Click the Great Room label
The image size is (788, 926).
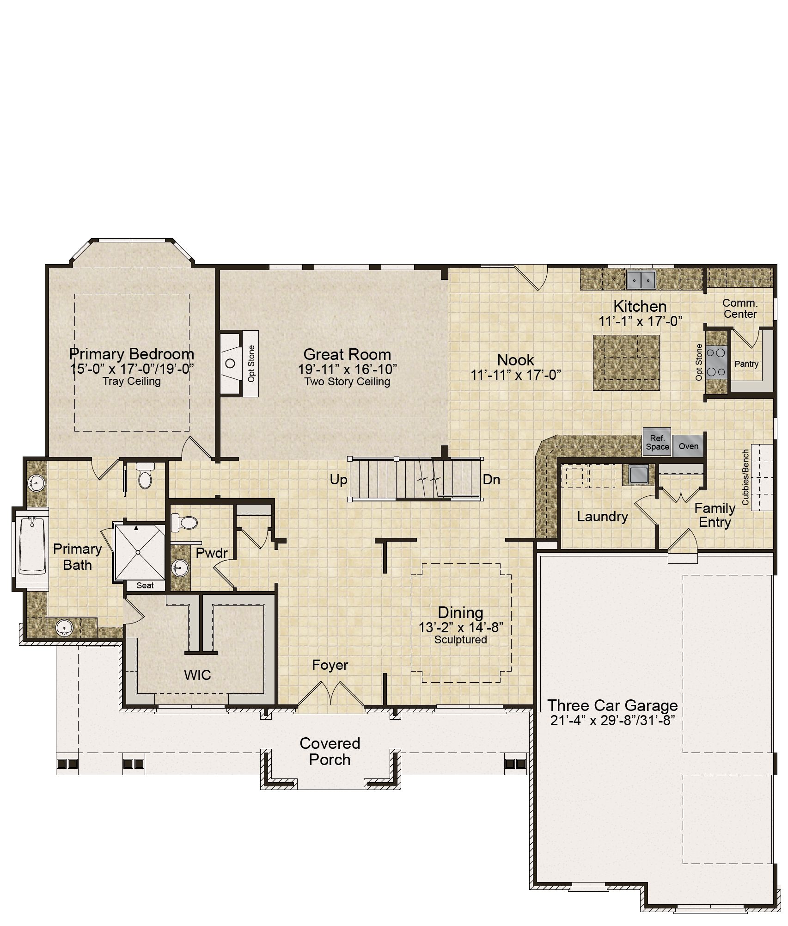coord(347,354)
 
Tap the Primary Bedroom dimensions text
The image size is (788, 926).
coord(132,369)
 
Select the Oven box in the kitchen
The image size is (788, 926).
coord(688,446)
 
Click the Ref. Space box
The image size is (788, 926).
coord(657,442)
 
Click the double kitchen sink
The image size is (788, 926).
coord(641,279)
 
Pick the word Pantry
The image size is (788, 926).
coord(746,364)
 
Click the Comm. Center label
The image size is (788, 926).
coord(740,309)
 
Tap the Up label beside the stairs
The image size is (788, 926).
coord(338,480)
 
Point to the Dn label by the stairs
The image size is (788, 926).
coord(491,480)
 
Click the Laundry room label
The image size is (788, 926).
coord(602,517)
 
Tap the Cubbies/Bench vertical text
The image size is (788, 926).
coord(745,477)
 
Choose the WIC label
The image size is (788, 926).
coord(197,675)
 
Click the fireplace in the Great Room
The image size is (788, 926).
coord(231,363)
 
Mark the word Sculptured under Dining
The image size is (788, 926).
coord(460,640)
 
